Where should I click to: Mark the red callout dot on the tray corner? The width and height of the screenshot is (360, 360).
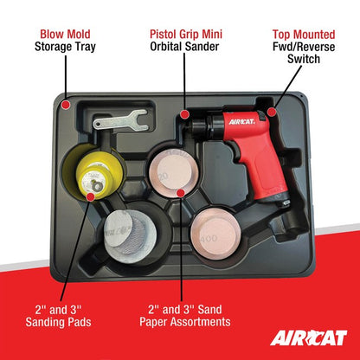[x=66, y=105]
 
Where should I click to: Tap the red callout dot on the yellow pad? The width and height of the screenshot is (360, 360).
[x=91, y=196]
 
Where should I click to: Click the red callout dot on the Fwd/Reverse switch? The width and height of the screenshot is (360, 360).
[x=271, y=112]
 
